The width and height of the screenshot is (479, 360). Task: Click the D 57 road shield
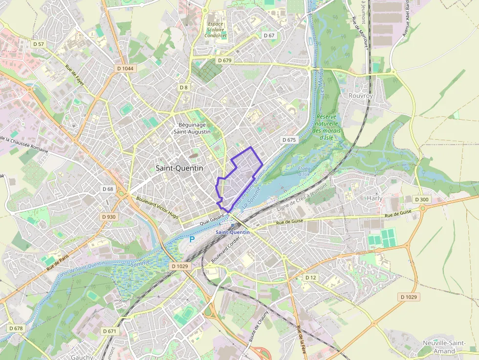pos(38,44)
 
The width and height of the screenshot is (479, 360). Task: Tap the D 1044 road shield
pos(126,68)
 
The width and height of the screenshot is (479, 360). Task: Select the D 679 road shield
pos(224,60)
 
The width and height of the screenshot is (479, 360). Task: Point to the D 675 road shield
pos(289,140)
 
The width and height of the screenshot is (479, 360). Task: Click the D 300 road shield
pos(421,199)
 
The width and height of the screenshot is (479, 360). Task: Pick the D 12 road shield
pos(311,277)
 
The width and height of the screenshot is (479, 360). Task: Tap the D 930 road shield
pos(109,216)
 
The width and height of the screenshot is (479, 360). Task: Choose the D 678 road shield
pos(16,328)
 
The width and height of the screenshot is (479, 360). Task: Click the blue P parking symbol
pos(192,239)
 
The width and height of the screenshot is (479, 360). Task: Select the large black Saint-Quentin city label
pos(179,168)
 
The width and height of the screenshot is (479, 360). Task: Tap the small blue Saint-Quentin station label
pos(233,232)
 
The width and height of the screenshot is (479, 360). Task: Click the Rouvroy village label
pos(361,96)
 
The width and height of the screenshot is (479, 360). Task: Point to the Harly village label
pos(375,198)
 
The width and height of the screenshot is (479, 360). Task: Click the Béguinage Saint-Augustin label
pos(194,128)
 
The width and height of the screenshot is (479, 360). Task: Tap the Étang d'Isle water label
pos(304,171)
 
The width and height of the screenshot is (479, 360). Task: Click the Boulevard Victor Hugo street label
pos(157,207)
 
